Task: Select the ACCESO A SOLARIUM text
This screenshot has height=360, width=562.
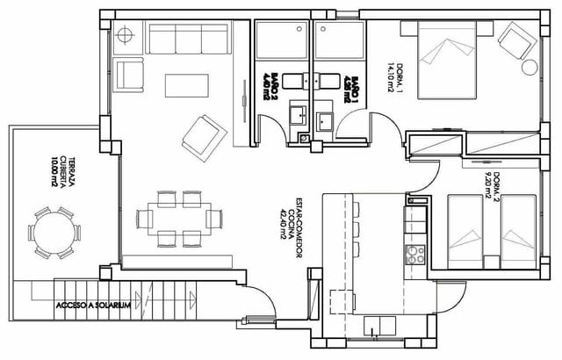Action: point(92,306)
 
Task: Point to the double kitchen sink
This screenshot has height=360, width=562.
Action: point(378,324)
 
